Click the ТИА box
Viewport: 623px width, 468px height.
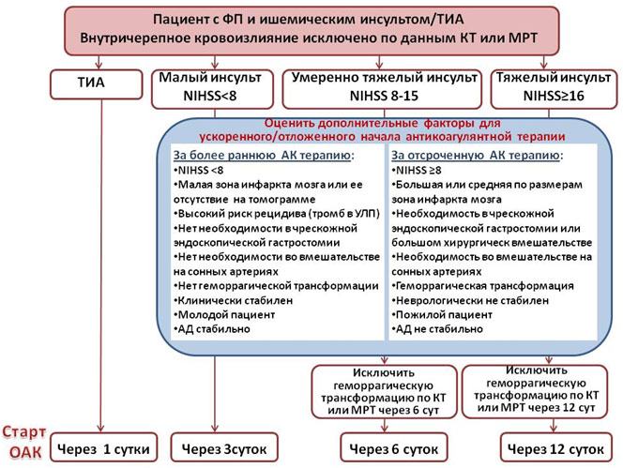tap(96, 84)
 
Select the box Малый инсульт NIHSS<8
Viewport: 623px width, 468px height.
tap(212, 89)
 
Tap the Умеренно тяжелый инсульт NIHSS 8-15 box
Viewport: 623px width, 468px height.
tap(382, 89)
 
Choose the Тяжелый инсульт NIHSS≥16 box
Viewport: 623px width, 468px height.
tap(554, 89)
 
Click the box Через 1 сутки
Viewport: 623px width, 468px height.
tap(104, 447)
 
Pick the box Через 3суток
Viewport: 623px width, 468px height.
tap(224, 447)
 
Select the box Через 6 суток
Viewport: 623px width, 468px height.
tap(394, 447)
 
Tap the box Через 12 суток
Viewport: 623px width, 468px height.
tap(555, 447)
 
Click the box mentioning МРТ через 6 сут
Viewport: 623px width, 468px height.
tap(384, 392)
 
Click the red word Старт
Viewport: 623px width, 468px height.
tap(24, 431)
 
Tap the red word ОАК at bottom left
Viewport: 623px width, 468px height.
tap(25, 452)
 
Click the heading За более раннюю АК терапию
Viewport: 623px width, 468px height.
tap(264, 156)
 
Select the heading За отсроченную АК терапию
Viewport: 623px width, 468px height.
tap(478, 156)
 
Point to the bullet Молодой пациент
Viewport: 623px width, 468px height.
tap(224, 314)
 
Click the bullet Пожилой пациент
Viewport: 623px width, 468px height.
tap(442, 314)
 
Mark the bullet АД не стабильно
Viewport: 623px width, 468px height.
tap(437, 329)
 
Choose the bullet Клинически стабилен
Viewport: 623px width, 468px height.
tap(234, 300)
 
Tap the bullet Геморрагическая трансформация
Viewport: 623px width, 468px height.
tap(483, 286)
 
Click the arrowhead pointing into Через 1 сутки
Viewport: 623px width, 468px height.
tap(101, 429)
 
